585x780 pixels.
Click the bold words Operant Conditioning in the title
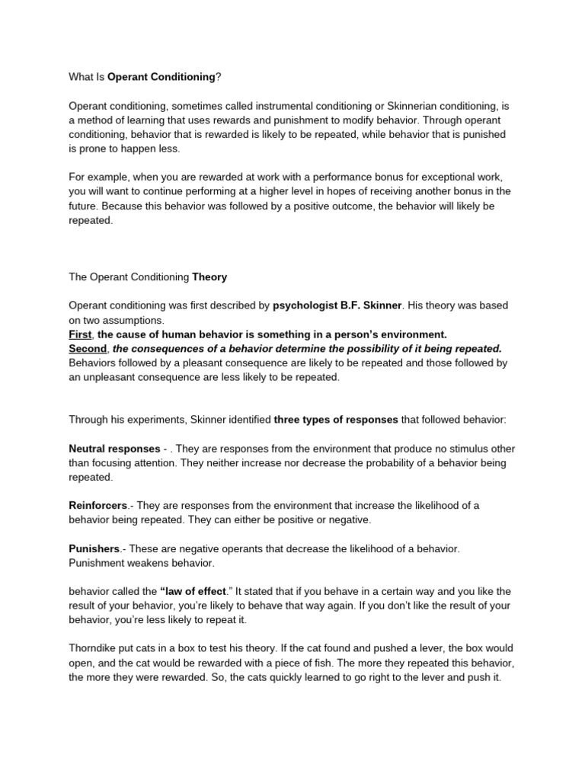click(161, 77)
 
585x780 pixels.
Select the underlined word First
click(81, 334)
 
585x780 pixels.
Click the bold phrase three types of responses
click(335, 420)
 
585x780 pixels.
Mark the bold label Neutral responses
click(110, 449)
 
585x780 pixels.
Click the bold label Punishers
click(94, 549)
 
